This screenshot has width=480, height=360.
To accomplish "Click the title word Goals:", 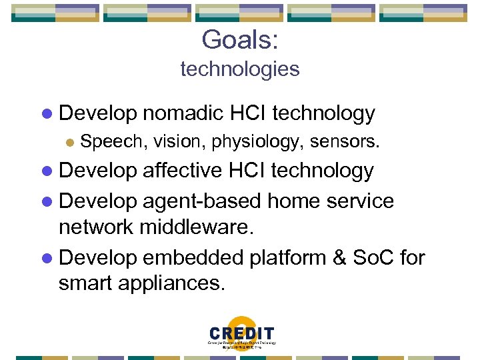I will click(x=240, y=39).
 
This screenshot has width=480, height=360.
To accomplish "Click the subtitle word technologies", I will click(x=240, y=69).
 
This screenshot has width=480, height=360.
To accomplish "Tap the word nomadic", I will click(x=182, y=114).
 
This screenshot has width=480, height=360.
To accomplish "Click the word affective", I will click(x=183, y=171).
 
